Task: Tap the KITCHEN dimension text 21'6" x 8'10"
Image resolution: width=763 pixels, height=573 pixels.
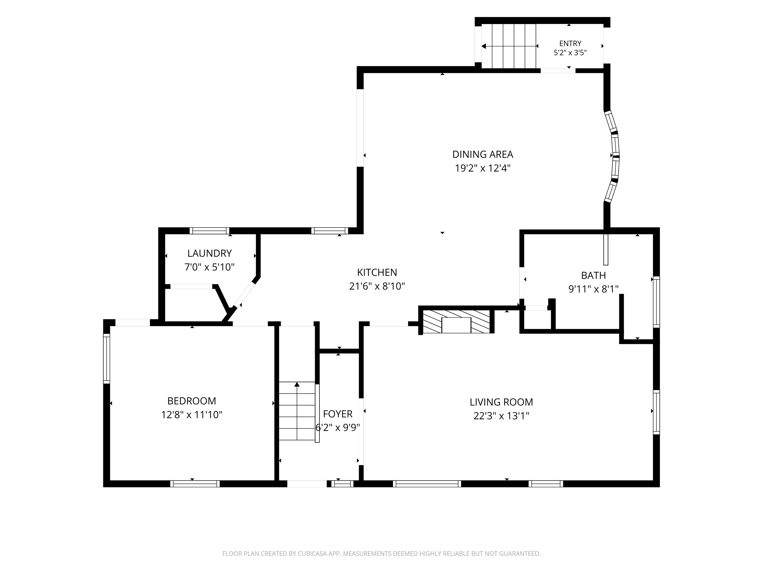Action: (x=377, y=286)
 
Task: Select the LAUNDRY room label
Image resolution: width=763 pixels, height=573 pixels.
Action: (x=209, y=253)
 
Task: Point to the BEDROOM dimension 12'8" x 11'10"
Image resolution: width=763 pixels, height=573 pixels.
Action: (x=192, y=415)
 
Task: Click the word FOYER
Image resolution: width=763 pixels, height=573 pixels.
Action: (x=338, y=414)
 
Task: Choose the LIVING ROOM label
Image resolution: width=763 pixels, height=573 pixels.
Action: (x=501, y=402)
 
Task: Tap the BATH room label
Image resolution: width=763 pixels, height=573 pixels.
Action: (x=593, y=275)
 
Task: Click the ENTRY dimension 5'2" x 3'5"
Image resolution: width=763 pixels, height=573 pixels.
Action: (x=570, y=53)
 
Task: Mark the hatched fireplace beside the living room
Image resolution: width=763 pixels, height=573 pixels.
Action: (x=456, y=322)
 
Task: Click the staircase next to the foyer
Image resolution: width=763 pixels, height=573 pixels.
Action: (x=297, y=411)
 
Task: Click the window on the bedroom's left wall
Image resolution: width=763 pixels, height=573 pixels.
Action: (x=107, y=359)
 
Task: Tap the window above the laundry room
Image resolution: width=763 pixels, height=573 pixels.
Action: (x=209, y=231)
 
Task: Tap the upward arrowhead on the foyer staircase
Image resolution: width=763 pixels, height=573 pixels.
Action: (x=297, y=384)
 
